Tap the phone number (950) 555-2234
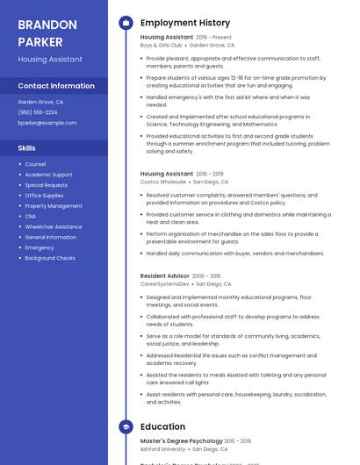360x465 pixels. [x=38, y=112]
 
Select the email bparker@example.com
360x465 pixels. [x=47, y=123]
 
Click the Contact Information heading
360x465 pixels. [x=56, y=86]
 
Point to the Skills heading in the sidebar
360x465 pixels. [x=27, y=148]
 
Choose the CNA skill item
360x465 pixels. [x=31, y=216]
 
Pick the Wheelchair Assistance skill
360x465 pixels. [x=54, y=226]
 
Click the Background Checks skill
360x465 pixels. [x=50, y=258]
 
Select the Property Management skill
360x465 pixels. [x=54, y=205]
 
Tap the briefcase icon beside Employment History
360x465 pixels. [x=126, y=23]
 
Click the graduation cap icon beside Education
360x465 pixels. [x=126, y=427]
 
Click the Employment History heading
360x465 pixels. [x=184, y=23]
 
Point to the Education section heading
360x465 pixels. [x=162, y=427]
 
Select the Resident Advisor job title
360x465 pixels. [x=164, y=275]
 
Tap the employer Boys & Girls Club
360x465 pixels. [x=161, y=45]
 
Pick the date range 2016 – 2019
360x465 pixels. [x=210, y=174]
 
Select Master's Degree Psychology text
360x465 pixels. [x=181, y=440]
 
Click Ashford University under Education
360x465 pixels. [x=162, y=448]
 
